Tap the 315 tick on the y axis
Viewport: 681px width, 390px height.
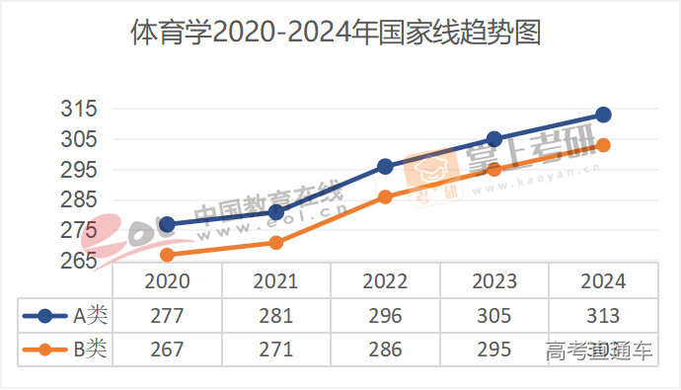[x=78, y=109]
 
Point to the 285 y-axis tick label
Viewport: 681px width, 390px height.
[x=78, y=200]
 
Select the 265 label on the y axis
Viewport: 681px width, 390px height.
[x=78, y=261]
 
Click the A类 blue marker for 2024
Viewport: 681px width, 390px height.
[x=604, y=115]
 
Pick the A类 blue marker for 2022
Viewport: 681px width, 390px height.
[x=385, y=167]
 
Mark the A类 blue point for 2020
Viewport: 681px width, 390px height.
[x=167, y=224]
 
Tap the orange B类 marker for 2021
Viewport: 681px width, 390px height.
[x=276, y=242]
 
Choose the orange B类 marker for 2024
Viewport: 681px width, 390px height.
[x=604, y=145]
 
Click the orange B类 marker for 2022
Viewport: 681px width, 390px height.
[x=385, y=197]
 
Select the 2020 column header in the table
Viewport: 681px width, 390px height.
[x=167, y=281]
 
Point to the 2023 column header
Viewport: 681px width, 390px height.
[x=494, y=281]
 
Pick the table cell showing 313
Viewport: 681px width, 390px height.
[x=602, y=316]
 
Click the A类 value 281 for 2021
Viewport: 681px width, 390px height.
[x=275, y=316]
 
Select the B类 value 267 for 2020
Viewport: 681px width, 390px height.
[x=167, y=350]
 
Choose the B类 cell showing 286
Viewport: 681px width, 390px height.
[x=385, y=350]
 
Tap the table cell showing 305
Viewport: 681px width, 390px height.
[x=494, y=316]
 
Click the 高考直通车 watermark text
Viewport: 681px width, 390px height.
[x=599, y=351]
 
